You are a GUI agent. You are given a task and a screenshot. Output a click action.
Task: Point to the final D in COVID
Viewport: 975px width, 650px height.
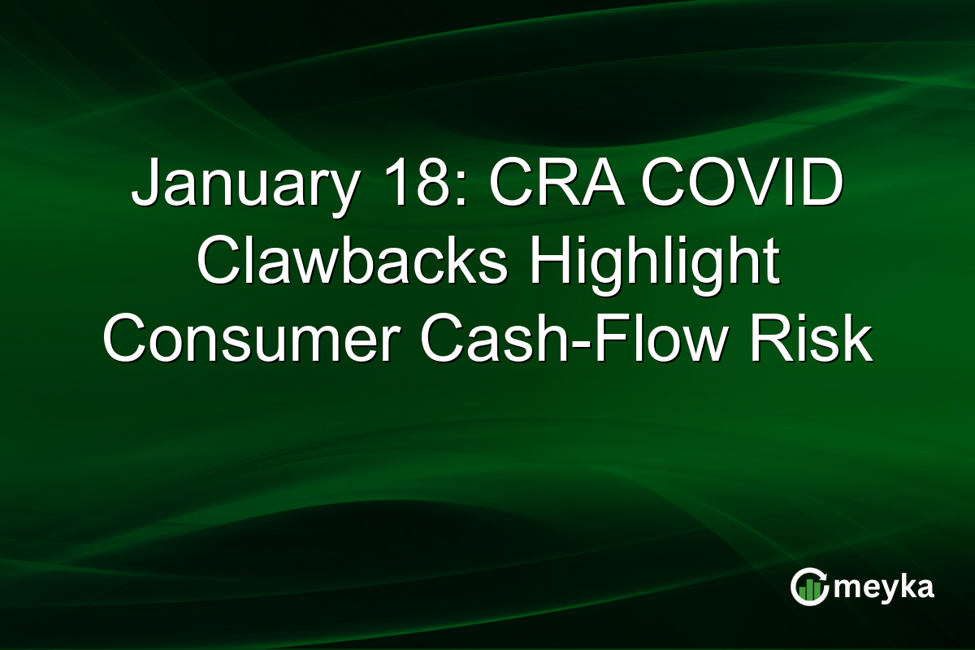[x=821, y=184]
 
